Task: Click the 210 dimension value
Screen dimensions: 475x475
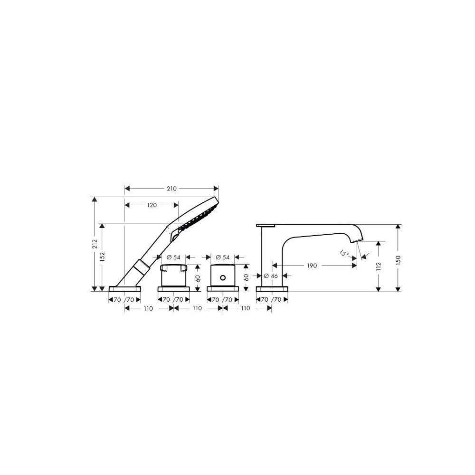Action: point(171,189)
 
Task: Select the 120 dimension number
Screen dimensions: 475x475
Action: point(152,205)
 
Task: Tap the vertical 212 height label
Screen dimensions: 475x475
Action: point(95,244)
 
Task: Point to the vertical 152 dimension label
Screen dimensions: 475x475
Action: point(102,256)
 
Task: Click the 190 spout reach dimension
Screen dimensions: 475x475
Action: point(312,266)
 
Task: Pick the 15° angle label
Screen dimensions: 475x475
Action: point(344,253)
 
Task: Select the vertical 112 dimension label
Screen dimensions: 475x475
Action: point(378,266)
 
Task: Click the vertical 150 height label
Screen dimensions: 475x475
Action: point(398,260)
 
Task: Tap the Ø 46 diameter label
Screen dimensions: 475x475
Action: point(271,275)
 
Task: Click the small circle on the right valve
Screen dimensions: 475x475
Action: point(223,277)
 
